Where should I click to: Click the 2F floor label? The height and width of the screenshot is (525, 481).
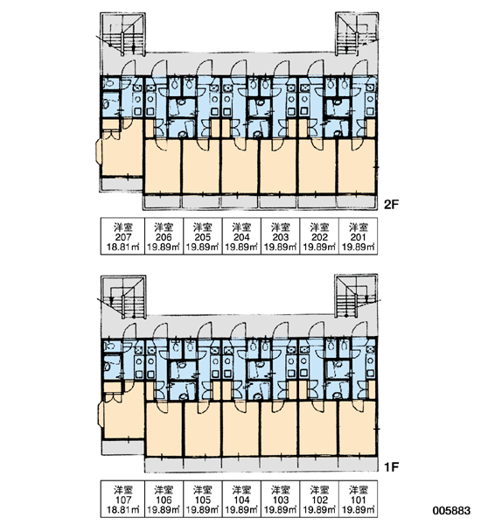[391, 204]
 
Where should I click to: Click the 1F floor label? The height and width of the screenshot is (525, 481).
[391, 466]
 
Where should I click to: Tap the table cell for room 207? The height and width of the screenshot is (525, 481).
[122, 236]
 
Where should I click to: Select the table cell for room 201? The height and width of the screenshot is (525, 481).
[359, 236]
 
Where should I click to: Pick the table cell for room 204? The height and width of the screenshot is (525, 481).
[241, 236]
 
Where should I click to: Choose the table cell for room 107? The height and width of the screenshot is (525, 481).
[122, 500]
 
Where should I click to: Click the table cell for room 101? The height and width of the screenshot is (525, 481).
[359, 500]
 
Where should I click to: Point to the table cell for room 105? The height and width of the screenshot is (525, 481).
[203, 500]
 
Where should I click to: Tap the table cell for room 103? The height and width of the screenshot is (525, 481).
[280, 500]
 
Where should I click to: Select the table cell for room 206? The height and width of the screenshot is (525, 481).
[164, 236]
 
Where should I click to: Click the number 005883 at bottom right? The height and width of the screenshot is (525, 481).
[451, 511]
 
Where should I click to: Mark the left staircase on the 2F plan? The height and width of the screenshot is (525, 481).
[122, 34]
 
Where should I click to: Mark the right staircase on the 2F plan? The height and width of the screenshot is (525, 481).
[357, 33]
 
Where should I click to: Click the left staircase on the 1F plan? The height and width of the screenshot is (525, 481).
[123, 297]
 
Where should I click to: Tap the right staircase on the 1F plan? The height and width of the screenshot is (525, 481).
[357, 296]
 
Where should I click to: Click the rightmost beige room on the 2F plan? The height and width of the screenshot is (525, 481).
[357, 166]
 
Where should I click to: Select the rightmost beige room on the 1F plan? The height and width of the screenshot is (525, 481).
[357, 429]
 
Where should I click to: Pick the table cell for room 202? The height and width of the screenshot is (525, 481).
[319, 236]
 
